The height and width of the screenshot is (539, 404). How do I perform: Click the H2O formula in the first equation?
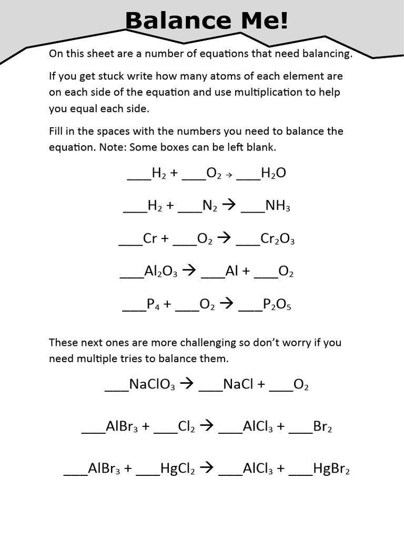(x=274, y=173)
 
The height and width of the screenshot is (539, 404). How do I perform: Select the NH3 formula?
(x=278, y=206)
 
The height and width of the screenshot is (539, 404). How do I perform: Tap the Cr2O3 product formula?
(x=277, y=239)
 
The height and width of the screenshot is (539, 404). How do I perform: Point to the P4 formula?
(x=153, y=304)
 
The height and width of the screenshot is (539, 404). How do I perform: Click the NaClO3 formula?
(x=152, y=384)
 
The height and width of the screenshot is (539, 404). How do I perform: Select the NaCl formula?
(x=239, y=384)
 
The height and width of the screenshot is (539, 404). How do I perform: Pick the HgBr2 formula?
(x=331, y=468)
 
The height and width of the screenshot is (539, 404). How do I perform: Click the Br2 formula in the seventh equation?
(x=322, y=426)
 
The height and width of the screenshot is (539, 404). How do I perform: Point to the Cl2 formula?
(x=187, y=426)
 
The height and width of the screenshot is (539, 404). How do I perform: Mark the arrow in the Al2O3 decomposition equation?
(x=189, y=271)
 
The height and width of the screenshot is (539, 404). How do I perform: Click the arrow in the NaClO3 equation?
(x=187, y=384)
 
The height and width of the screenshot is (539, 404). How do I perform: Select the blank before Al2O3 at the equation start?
(x=132, y=277)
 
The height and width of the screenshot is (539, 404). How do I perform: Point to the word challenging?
(x=210, y=343)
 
